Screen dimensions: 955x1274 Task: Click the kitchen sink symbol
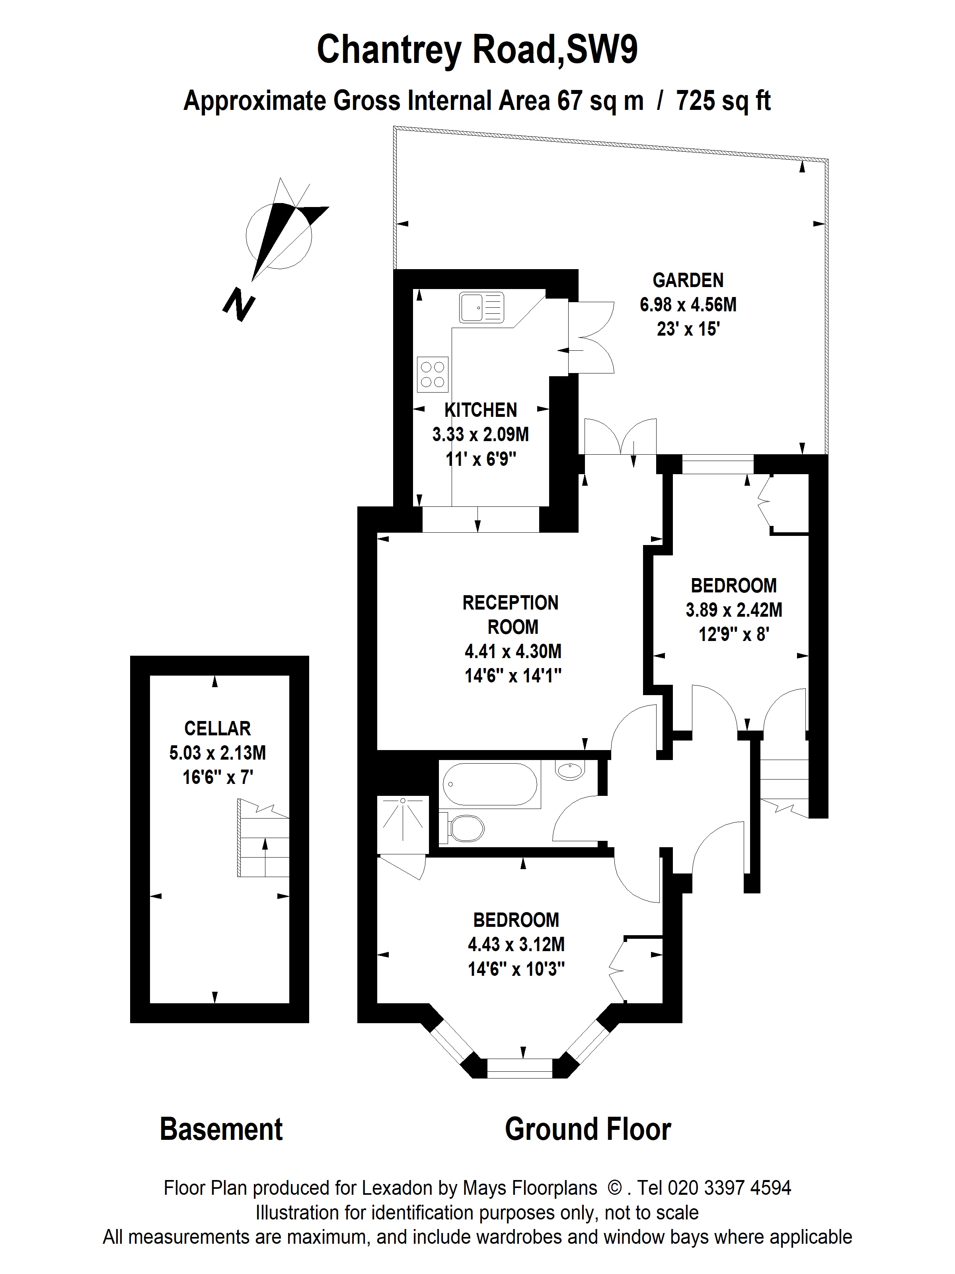click(x=481, y=307)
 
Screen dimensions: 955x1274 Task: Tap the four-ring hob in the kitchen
click(x=432, y=374)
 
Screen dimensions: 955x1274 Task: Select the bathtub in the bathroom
click(x=489, y=784)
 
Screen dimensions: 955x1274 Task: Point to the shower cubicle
click(x=403, y=825)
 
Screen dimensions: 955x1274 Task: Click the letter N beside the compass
click(x=239, y=304)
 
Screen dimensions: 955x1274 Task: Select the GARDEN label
click(x=688, y=281)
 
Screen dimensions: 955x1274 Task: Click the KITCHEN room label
click(x=481, y=410)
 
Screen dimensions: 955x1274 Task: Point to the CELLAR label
click(x=218, y=729)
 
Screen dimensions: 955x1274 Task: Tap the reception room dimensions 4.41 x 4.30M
click(x=513, y=651)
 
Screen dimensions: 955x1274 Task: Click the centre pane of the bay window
click(x=520, y=1067)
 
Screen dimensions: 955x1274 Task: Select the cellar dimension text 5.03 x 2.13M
click(x=218, y=753)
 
